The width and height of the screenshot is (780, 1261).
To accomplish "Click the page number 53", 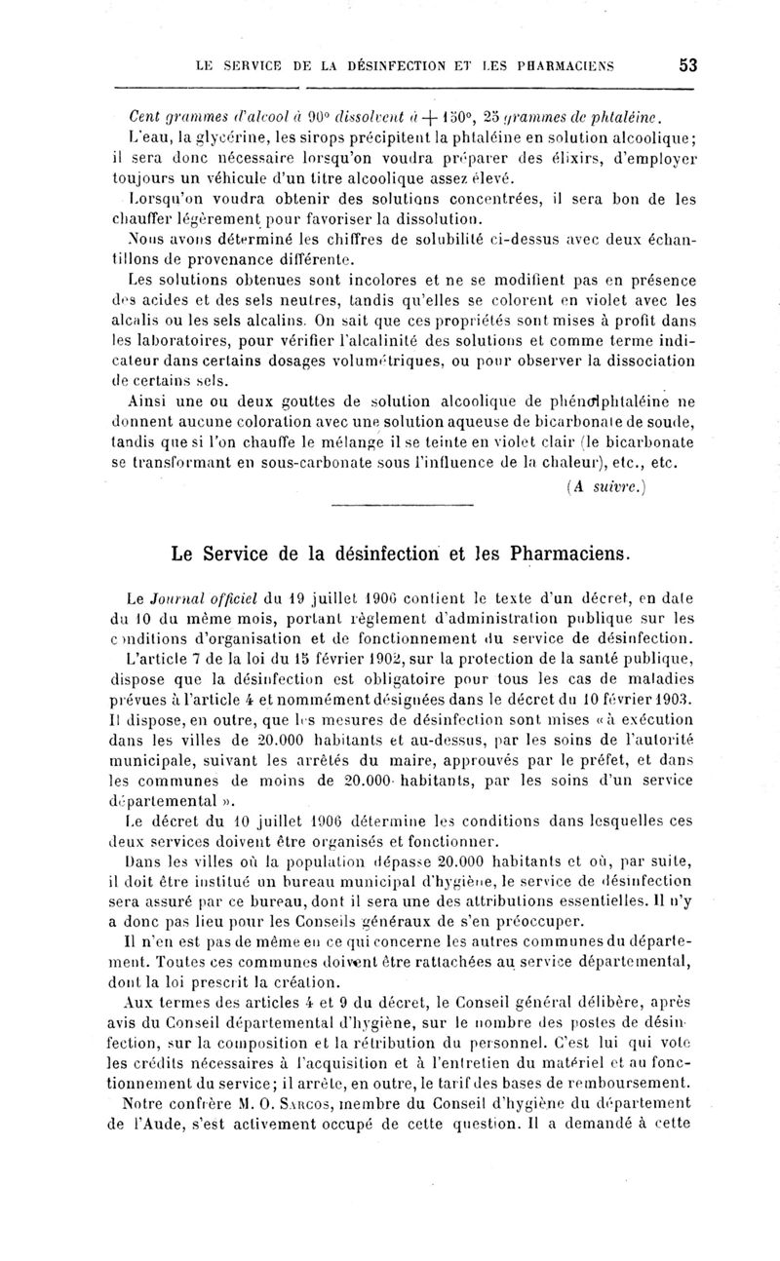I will (x=688, y=65).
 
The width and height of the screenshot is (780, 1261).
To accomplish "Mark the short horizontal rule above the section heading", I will (x=402, y=505).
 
